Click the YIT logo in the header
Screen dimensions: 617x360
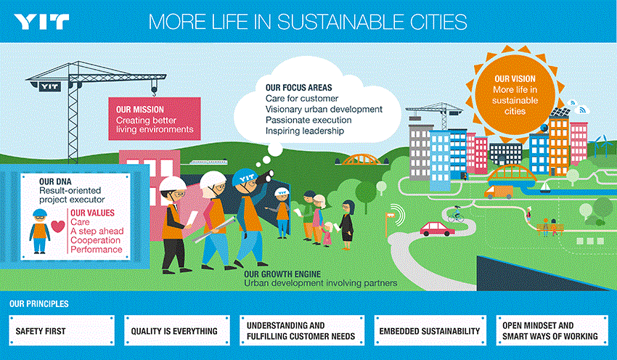coord(41,22)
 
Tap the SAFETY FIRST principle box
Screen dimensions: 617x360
coord(62,330)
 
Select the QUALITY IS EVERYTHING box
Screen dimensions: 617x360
coord(177,330)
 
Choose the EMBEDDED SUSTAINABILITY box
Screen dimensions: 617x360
coord(430,330)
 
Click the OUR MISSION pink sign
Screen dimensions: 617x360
coord(155,119)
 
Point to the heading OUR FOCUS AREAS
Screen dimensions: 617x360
coord(298,88)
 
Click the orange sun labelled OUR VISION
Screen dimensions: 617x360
coord(515,94)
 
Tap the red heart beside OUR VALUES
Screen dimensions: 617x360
coord(58,226)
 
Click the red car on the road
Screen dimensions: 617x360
coord(437,229)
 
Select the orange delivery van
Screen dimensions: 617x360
coord(499,192)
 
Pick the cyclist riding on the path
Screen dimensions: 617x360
coord(456,214)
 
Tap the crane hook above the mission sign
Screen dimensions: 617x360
coord(154,91)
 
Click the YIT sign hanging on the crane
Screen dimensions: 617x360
coord(50,86)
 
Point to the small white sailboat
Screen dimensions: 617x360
coord(544,188)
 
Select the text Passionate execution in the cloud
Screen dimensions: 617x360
coord(308,120)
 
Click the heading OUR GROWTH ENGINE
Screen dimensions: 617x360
coord(282,274)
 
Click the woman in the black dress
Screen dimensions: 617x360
coord(346,225)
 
